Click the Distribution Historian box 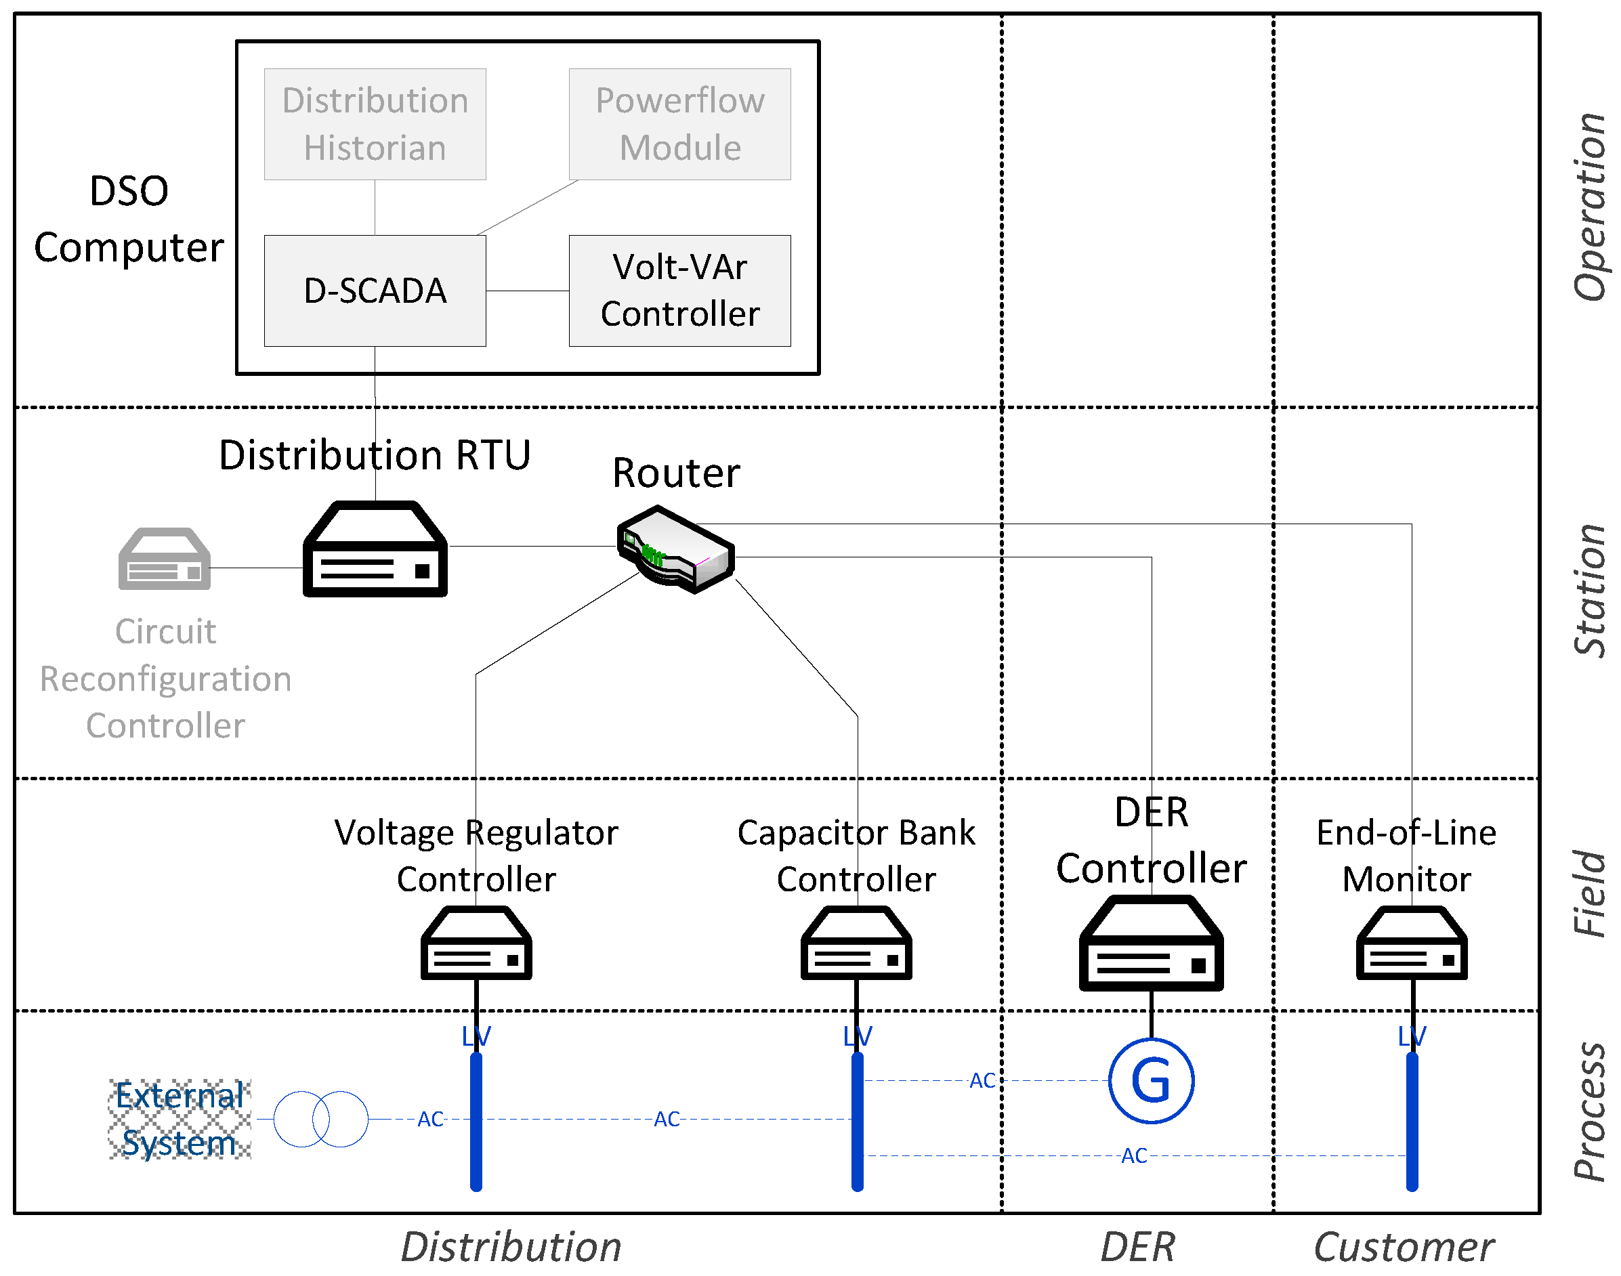tap(375, 124)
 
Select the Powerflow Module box tap(680, 124)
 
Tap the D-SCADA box tap(375, 291)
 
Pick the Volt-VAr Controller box tap(680, 291)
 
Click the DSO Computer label tap(129, 219)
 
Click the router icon tap(675, 549)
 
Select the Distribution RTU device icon tap(375, 549)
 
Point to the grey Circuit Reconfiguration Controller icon tap(165, 559)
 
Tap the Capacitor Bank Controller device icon tap(856, 943)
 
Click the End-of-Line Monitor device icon tap(1411, 943)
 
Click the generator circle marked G tap(1151, 1080)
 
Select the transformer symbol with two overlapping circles tap(320, 1118)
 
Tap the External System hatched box tap(180, 1119)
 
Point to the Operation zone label tap(1589, 207)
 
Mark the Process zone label tap(1589, 1111)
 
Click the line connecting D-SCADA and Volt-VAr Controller tap(528, 291)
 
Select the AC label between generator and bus tap(982, 1080)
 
